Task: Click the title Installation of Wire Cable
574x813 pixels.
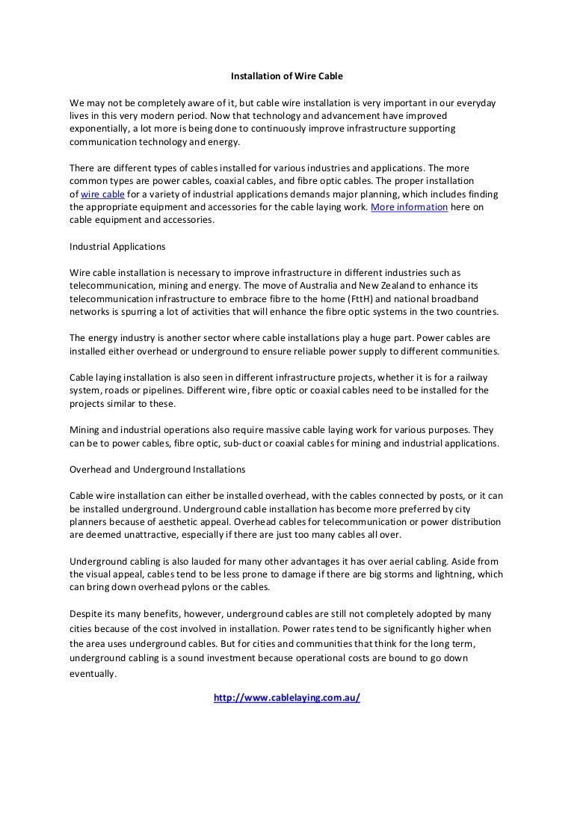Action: pos(286,76)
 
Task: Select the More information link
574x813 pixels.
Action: pos(410,207)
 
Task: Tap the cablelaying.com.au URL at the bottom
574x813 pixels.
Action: pos(287,698)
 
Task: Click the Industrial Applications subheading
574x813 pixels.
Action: pos(117,246)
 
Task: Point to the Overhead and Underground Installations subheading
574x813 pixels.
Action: pos(157,470)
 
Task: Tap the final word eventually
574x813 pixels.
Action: pos(93,673)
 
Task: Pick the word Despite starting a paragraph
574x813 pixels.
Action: pos(85,613)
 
